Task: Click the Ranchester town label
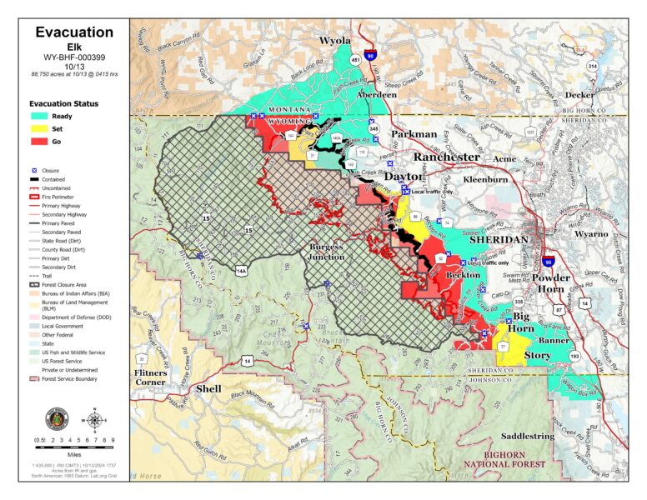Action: (447, 157)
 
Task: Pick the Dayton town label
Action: (403, 176)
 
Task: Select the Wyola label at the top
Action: (335, 40)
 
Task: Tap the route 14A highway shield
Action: (242, 271)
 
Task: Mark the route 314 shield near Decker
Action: (592, 65)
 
